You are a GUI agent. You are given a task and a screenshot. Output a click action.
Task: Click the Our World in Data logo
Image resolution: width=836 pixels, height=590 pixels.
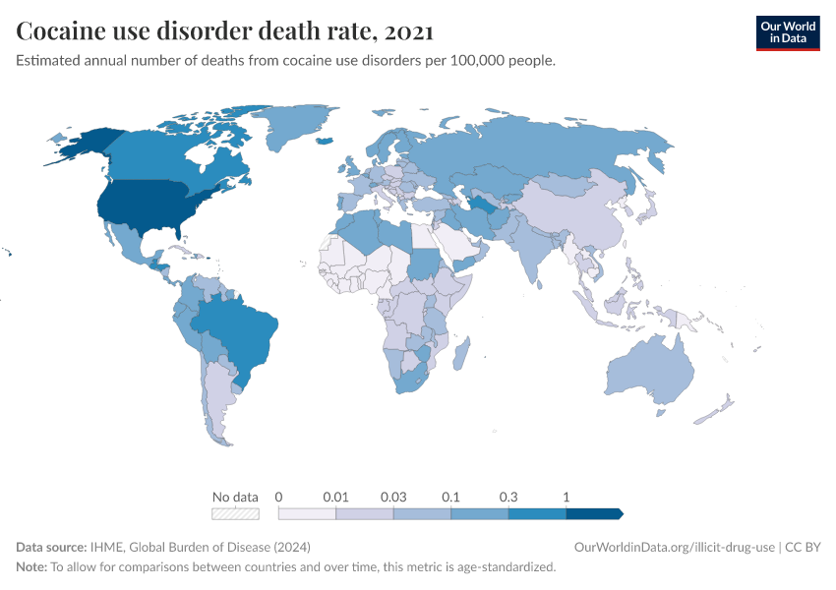point(787,32)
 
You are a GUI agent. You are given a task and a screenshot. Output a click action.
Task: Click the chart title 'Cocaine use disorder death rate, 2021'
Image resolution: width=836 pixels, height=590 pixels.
point(225,31)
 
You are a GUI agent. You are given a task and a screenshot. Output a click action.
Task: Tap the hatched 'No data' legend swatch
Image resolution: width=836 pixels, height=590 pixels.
point(236,513)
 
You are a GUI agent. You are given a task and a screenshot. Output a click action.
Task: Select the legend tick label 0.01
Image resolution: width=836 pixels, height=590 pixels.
point(336,497)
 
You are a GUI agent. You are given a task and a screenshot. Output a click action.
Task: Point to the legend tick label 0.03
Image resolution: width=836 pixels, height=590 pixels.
point(393,497)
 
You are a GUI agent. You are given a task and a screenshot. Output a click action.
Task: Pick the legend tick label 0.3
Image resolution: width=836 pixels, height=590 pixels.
point(508,497)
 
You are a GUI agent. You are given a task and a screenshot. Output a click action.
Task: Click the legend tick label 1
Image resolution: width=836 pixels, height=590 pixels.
point(567,497)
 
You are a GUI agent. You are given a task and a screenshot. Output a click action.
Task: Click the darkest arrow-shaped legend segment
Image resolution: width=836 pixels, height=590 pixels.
point(594,513)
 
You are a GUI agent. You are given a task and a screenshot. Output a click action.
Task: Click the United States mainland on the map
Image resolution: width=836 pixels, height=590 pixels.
point(148,206)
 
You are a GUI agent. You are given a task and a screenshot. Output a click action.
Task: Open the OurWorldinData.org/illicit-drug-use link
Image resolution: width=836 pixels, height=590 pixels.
point(676,547)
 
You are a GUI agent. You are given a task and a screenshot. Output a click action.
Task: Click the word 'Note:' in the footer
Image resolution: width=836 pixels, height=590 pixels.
point(31,567)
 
